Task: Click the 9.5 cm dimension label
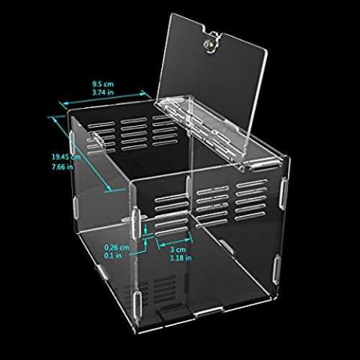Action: [x=103, y=84]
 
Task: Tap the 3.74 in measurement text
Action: [x=103, y=92]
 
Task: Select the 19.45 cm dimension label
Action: [x=66, y=157]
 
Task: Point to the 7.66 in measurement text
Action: [x=63, y=166]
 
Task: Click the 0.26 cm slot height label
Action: [x=117, y=247]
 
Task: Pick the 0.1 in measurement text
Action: [x=113, y=256]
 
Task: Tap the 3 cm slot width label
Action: [x=178, y=250]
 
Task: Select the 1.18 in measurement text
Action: [x=181, y=258]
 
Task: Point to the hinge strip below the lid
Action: [x=199, y=125]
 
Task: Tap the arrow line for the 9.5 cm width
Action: [x=104, y=99]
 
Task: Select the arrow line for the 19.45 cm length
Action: [x=82, y=153]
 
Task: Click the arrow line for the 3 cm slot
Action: [x=175, y=243]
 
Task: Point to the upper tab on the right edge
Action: [x=284, y=192]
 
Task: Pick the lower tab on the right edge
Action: [x=276, y=270]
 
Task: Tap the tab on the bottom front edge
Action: [x=209, y=312]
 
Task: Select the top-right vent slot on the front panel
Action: [x=251, y=184]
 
